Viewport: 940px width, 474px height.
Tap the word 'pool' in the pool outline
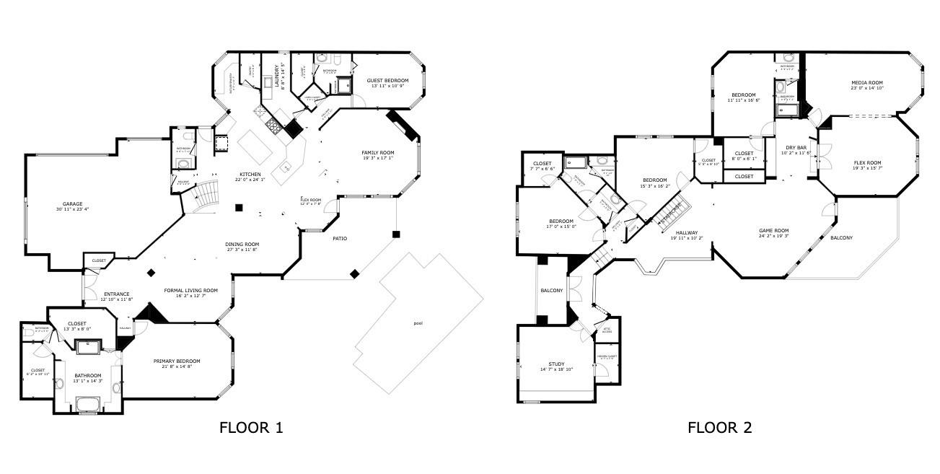point(418,323)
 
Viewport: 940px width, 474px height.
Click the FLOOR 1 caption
point(250,428)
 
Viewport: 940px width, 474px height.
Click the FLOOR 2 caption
point(719,428)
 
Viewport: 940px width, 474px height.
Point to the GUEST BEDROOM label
point(387,80)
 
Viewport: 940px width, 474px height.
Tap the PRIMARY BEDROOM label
point(176,361)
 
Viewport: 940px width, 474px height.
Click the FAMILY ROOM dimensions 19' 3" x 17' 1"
point(378,159)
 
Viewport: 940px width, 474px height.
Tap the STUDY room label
point(556,364)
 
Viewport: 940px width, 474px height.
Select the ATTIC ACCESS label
point(607,331)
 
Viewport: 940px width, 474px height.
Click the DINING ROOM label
point(242,244)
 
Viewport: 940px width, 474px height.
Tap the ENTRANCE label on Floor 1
point(116,294)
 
